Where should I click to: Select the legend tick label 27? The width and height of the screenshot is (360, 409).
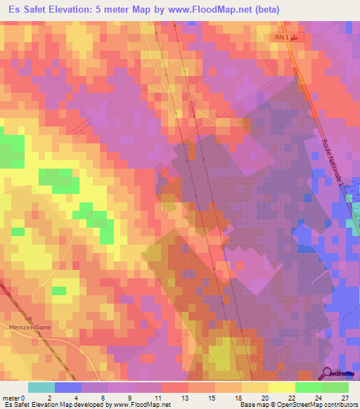pyautogui.click(x=345, y=397)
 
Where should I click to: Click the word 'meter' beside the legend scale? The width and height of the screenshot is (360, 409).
pyautogui.click(x=11, y=397)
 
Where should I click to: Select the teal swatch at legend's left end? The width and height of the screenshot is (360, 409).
pyautogui.click(x=41, y=387)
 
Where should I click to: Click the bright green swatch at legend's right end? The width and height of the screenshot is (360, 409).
pyautogui.click(x=335, y=387)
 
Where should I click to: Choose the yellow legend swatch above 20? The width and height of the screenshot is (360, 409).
pyautogui.click(x=255, y=387)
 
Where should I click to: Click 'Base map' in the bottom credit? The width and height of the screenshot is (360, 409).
pyautogui.click(x=252, y=405)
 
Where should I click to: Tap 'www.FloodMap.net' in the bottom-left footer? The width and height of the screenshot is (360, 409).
pyautogui.click(x=137, y=405)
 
